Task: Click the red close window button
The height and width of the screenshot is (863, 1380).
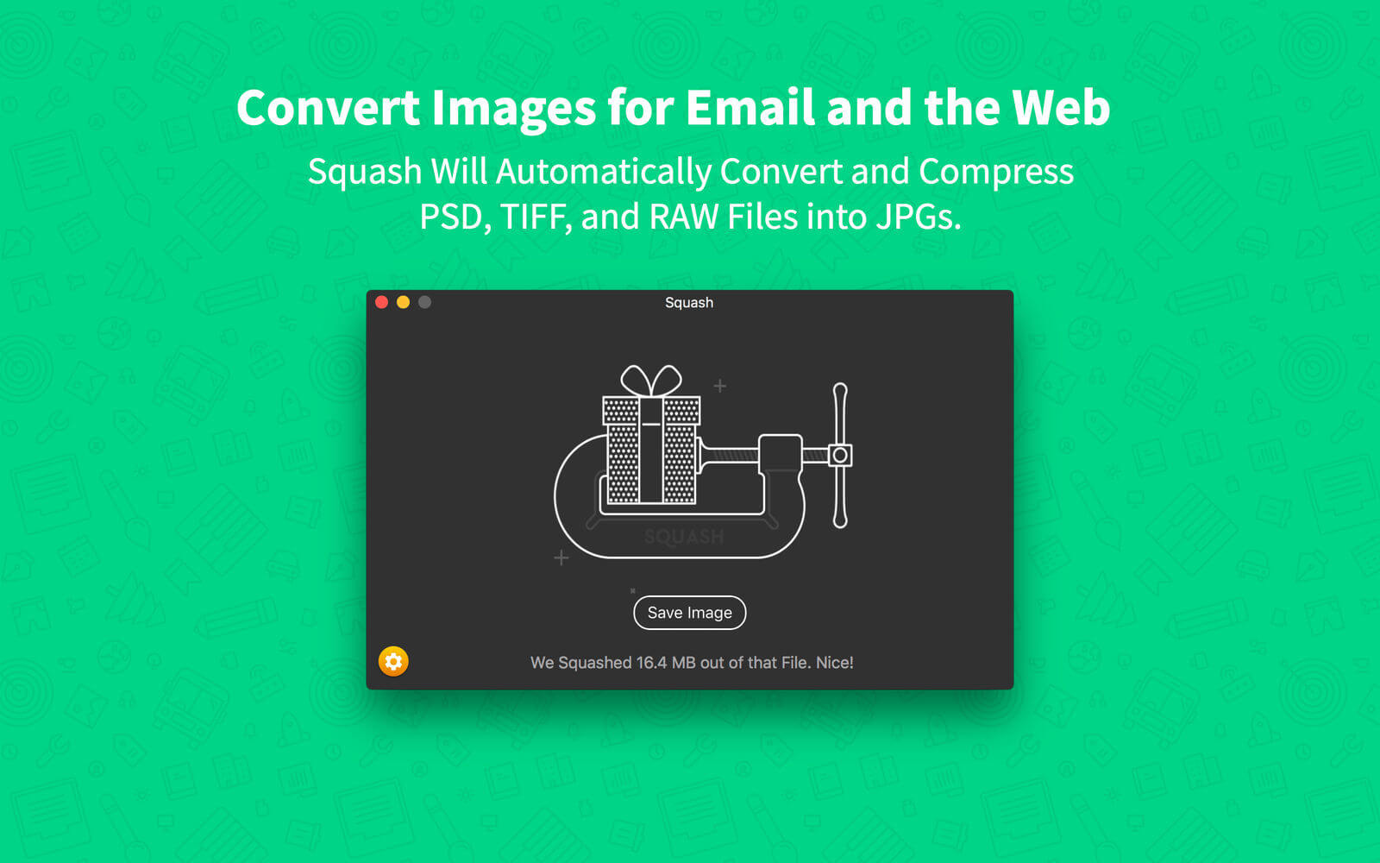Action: (x=381, y=302)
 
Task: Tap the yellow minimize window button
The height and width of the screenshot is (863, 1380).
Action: (x=403, y=302)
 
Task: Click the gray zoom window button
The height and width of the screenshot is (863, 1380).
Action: (x=424, y=302)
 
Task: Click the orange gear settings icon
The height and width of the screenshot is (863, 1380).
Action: (x=393, y=661)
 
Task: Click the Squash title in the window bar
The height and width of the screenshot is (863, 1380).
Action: (x=689, y=303)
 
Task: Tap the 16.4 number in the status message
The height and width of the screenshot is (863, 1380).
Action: (x=651, y=663)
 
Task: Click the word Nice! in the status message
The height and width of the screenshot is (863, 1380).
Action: (x=835, y=663)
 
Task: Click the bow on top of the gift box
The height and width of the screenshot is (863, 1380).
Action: (x=651, y=381)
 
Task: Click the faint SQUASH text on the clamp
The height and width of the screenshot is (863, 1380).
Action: (x=684, y=537)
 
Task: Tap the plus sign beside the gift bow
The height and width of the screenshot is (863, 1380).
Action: (x=719, y=386)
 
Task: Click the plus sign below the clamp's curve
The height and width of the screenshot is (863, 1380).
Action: (x=561, y=557)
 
